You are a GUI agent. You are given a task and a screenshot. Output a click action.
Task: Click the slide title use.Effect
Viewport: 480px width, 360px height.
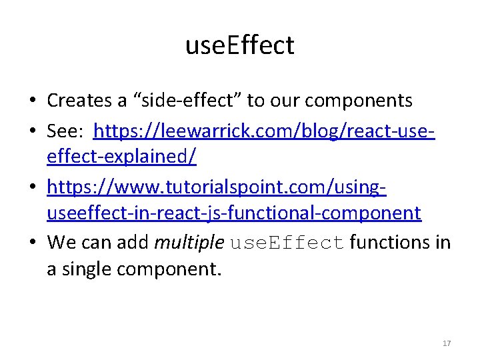click(239, 46)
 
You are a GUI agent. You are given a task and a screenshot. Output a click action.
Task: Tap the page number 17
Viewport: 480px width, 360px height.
click(447, 343)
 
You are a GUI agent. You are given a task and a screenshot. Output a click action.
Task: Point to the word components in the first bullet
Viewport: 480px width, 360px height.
click(353, 101)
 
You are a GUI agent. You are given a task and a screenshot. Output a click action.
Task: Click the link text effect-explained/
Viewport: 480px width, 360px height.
click(121, 157)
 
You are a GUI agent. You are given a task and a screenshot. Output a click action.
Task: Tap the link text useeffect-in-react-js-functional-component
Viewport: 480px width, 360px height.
click(233, 213)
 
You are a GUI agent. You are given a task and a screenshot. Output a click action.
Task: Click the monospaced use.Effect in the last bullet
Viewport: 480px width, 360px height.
click(287, 243)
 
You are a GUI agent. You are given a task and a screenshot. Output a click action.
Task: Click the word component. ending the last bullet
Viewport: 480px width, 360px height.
click(167, 271)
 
